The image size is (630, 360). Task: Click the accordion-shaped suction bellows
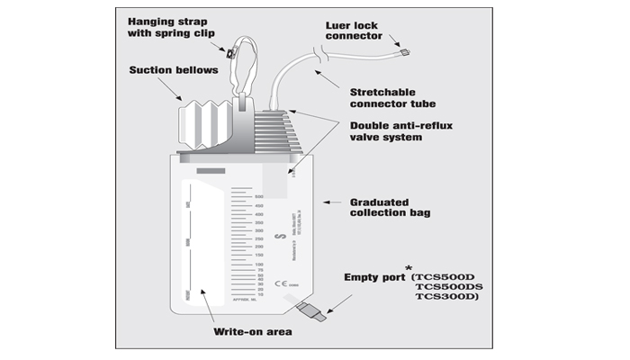pyautogui.click(x=206, y=121)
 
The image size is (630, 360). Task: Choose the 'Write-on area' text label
pyautogui.click(x=251, y=332)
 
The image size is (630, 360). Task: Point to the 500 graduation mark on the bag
pyautogui.click(x=259, y=197)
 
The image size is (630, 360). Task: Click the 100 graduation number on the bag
pyautogui.click(x=259, y=263)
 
